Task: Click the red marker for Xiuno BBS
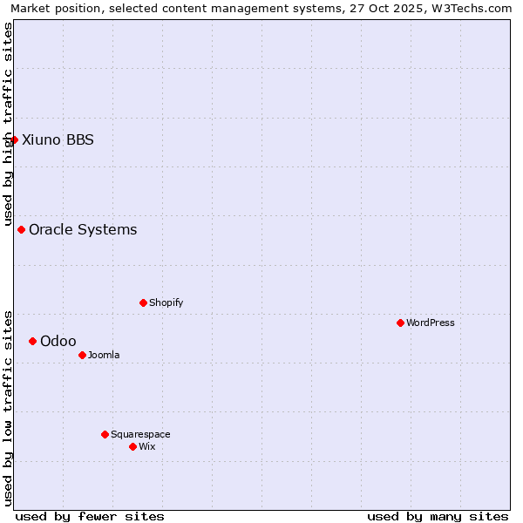click(14, 139)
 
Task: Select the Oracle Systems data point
click(21, 229)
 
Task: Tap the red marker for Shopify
click(143, 302)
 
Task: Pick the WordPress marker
click(400, 323)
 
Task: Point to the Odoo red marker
click(32, 341)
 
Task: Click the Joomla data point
click(82, 355)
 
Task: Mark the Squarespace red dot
click(105, 434)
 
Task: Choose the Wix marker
click(132, 446)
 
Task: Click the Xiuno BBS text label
click(58, 139)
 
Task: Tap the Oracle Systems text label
click(83, 229)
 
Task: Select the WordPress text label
click(431, 323)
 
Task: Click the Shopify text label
click(166, 302)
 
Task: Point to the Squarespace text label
click(140, 434)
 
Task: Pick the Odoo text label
click(58, 341)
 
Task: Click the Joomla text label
click(104, 355)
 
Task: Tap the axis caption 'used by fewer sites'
click(90, 516)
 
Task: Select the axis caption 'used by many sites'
click(438, 516)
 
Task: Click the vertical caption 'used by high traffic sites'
click(8, 124)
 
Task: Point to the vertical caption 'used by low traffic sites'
click(8, 407)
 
